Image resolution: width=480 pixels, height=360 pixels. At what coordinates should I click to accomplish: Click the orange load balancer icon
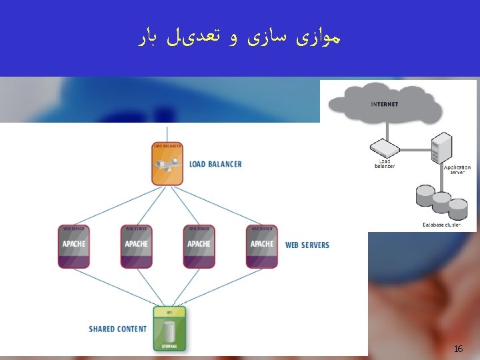(x=167, y=164)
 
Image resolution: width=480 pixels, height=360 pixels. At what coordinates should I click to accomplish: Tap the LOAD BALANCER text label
(x=215, y=164)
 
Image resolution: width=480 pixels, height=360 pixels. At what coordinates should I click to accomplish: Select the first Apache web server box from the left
(x=73, y=246)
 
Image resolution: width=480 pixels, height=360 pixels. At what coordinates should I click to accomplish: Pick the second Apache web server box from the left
(x=136, y=246)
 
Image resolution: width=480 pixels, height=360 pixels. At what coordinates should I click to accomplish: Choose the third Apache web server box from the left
(x=199, y=246)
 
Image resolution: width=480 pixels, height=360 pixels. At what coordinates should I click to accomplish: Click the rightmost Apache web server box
(x=261, y=246)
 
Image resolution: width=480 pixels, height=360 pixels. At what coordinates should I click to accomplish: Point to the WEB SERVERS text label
(x=307, y=245)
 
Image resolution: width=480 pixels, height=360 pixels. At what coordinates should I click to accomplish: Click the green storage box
(x=169, y=329)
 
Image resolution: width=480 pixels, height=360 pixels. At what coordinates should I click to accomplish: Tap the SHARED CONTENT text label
(x=117, y=329)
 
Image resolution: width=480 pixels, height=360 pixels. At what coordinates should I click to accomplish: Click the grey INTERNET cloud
(x=385, y=104)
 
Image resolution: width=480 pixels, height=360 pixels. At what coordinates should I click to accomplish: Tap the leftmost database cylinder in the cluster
(x=425, y=195)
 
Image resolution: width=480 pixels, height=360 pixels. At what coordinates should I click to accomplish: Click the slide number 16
(x=458, y=349)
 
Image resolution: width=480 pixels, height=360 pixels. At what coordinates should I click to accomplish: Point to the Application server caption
(x=457, y=169)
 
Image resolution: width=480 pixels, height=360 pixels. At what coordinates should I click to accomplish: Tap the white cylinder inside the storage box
(x=169, y=331)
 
